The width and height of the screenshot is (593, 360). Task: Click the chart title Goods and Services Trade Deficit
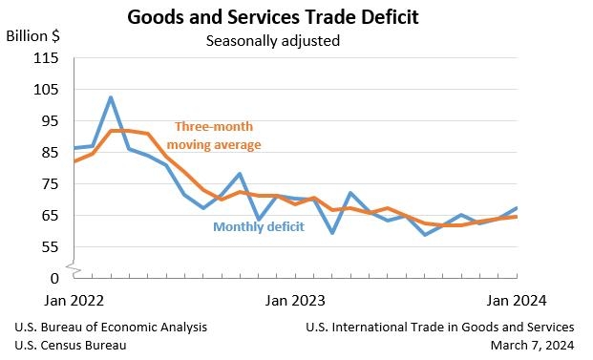point(273,17)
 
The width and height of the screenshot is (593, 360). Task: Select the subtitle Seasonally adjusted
point(273,41)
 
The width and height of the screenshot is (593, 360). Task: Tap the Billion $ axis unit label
point(32,36)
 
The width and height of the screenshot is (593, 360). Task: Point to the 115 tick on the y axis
point(46,58)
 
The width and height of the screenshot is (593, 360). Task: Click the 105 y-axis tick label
point(46,90)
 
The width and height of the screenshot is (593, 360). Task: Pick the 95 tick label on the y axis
point(50,121)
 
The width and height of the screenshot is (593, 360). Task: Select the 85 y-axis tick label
point(50,153)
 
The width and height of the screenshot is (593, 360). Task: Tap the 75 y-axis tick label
point(50,184)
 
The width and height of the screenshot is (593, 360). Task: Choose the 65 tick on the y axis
point(50,216)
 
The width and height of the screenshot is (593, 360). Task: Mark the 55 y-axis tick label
point(50,247)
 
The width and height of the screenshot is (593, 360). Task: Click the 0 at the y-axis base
point(54,278)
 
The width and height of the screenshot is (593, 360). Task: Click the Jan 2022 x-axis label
point(74,300)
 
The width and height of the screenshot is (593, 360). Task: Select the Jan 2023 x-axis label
point(295,300)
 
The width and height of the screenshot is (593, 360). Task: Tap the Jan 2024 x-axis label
point(517,300)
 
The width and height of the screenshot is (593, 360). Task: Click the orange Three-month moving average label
point(214,136)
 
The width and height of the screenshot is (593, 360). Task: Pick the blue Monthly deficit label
point(259,226)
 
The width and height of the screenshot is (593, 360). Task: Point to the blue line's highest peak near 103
point(111,97)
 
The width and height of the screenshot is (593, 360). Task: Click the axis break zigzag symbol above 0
point(74,268)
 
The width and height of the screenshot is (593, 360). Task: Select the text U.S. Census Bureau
point(71,346)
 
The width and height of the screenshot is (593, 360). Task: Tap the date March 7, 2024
point(533,346)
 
